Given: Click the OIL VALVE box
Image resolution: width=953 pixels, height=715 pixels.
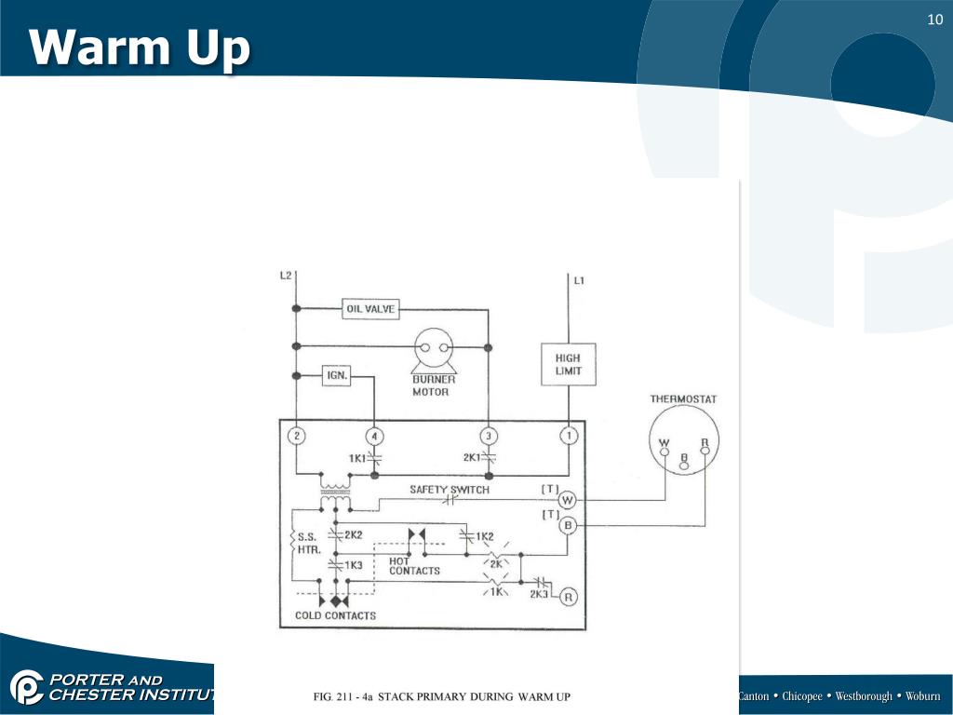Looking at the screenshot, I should point(371,309).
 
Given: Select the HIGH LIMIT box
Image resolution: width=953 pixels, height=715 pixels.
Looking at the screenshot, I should point(568,364).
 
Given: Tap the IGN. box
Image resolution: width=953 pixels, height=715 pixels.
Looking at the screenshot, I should point(336,376).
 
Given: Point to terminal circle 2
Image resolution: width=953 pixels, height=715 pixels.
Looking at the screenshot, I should point(296,436).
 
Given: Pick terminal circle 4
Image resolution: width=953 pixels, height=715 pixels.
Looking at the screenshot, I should point(374,436).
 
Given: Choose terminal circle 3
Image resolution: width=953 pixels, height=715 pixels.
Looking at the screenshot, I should point(488,436).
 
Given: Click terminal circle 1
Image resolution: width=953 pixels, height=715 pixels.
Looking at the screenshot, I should point(568,436).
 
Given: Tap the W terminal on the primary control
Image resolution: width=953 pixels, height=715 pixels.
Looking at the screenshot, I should point(568,500).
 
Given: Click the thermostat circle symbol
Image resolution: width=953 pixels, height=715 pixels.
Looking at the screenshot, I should point(684,448).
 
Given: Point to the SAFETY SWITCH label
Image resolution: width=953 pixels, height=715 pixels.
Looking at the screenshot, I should point(450,490).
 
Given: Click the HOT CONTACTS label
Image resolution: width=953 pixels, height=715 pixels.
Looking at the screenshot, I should point(414,566).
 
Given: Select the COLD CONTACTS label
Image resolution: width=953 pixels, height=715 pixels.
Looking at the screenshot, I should point(335,615).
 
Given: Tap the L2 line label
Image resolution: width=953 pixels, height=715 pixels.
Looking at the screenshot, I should point(286,276).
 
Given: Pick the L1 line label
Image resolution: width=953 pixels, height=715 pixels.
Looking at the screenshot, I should point(579,280).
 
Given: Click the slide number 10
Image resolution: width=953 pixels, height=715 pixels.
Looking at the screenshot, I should point(934,20).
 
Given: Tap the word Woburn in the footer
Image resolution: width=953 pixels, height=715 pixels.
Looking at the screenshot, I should point(923,696).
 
